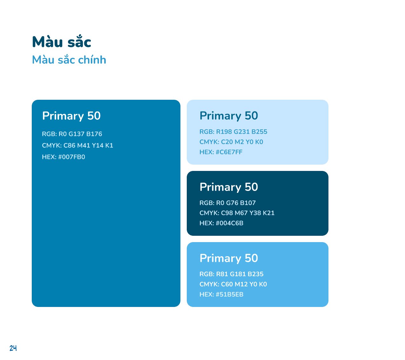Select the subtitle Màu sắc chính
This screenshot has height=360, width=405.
point(69,59)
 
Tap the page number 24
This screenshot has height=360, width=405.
point(13,348)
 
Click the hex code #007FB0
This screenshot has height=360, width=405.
point(63,157)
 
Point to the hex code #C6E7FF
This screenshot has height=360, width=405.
point(221,152)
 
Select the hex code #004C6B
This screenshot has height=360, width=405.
point(221,223)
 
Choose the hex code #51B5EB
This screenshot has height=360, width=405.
point(221,294)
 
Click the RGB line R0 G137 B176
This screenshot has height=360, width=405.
point(72,134)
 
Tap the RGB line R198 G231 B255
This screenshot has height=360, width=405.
point(233,132)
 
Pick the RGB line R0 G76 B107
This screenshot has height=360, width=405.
point(227,203)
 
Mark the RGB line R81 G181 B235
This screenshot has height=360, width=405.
point(231,274)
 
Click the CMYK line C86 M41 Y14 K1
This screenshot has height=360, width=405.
point(78,146)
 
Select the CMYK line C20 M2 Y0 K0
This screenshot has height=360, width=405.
point(231,142)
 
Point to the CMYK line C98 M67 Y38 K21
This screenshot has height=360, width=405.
point(237,213)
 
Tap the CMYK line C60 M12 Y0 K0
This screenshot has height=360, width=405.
point(233,284)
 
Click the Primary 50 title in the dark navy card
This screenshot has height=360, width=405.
point(229,187)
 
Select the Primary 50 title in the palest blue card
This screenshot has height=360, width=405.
point(229,116)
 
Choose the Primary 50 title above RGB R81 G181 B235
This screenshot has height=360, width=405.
point(229,258)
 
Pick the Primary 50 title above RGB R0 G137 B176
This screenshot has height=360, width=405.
point(71,116)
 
